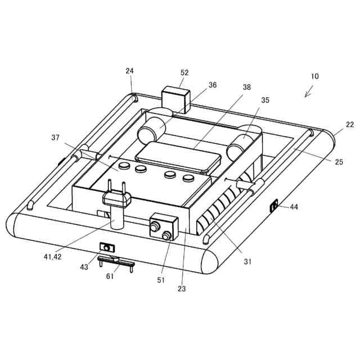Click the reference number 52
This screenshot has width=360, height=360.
[x=184, y=73]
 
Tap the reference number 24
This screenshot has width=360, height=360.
[x=129, y=71]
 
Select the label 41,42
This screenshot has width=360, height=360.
[x=52, y=256]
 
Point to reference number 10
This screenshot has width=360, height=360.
[x=315, y=76]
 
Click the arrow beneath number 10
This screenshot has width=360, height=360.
[x=309, y=91]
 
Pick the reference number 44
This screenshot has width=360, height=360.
[x=294, y=207]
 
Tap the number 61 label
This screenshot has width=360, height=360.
[x=110, y=276]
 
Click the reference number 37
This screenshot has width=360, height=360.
[x=55, y=137]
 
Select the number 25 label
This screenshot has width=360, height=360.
[x=339, y=162]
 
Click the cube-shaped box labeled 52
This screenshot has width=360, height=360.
[x=175, y=100]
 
